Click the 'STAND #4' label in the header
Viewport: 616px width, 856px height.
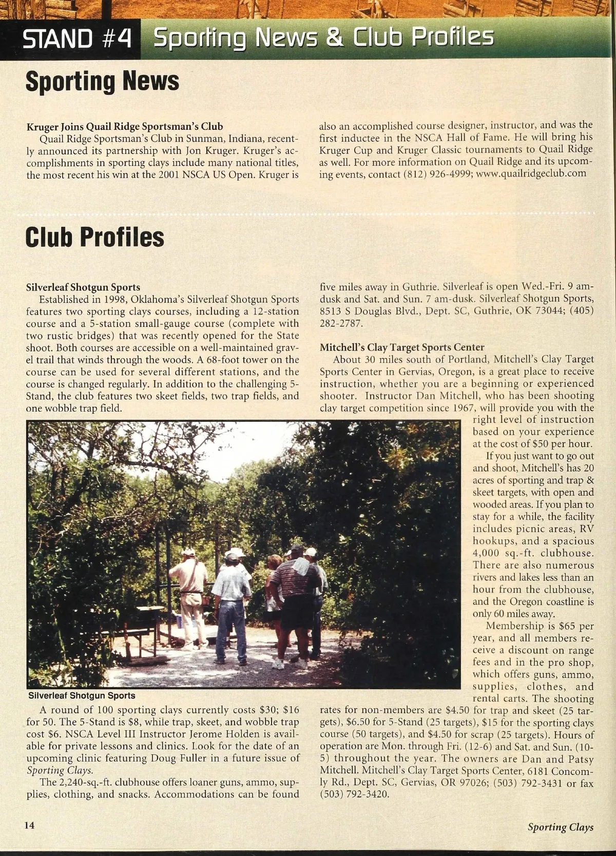coord(77,38)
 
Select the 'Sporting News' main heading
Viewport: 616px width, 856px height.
coord(102,81)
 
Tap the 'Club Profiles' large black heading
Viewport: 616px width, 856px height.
coord(95,237)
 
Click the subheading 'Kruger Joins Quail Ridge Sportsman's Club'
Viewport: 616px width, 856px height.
coord(125,126)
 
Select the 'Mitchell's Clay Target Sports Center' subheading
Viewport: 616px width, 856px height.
coord(402,347)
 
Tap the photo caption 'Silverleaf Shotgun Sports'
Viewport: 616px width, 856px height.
coord(82,696)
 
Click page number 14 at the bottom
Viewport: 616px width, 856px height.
coord(29,825)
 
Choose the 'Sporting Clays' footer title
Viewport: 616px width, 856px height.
coord(561,827)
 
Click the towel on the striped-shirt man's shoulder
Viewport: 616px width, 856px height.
coord(300,566)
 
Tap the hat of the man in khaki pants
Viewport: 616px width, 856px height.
coord(188,552)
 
